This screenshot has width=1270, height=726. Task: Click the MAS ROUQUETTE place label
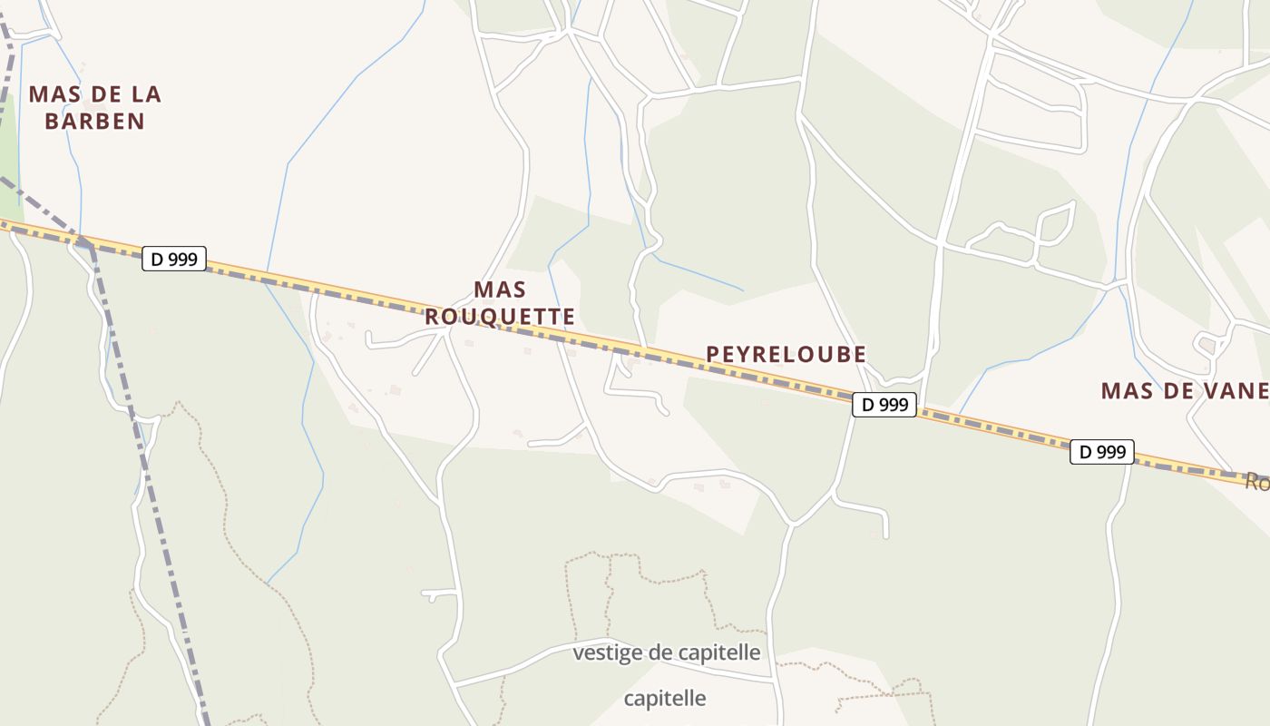(500, 303)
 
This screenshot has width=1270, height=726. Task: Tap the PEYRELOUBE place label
(786, 354)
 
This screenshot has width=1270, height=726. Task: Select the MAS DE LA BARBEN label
(95, 107)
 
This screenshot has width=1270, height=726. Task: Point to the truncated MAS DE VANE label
(1185, 391)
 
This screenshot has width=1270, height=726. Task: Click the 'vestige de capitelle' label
(667, 652)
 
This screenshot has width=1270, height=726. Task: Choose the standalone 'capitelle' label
(665, 699)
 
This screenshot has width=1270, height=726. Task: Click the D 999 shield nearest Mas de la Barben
(174, 259)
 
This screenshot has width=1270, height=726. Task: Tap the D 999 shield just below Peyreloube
(884, 405)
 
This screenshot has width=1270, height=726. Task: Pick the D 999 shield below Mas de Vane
(1102, 452)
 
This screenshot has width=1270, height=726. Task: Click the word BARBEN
(95, 121)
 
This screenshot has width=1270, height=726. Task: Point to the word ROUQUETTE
(500, 317)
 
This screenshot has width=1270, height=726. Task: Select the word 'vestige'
(605, 652)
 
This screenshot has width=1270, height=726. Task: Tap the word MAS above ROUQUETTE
(500, 289)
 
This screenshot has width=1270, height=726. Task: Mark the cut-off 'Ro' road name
(1257, 482)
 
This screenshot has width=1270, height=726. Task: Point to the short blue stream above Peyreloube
(698, 275)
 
